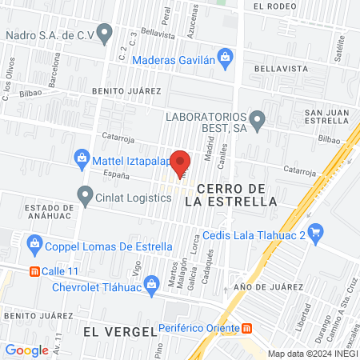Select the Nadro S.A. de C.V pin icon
click(106, 35)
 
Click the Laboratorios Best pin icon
click(258, 122)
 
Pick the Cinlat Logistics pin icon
click(85, 194)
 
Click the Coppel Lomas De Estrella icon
click(34, 242)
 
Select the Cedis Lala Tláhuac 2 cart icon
click(316, 234)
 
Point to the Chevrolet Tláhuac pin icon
click(42, 288)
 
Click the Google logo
click(26, 350)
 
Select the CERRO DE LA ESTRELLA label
click(230, 194)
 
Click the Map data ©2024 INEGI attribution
click(313, 354)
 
